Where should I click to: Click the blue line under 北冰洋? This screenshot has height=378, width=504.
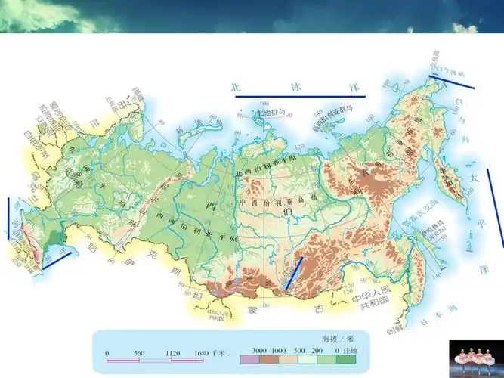pyautogui.click(x=298, y=96)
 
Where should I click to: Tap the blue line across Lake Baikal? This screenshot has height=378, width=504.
pyautogui.click(x=294, y=273)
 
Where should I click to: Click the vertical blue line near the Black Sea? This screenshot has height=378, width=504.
pyautogui.click(x=9, y=218)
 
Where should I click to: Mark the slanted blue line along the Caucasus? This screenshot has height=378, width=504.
pyautogui.click(x=57, y=260)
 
